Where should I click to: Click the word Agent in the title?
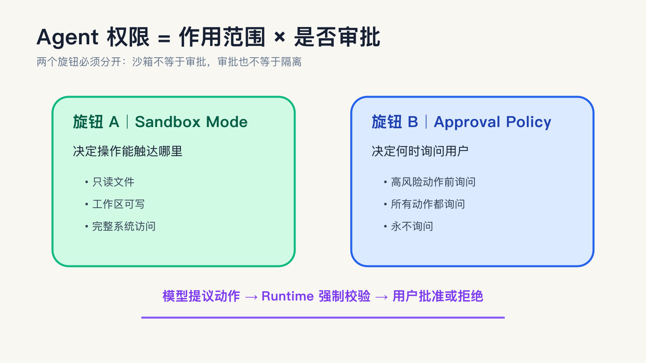click(67, 38)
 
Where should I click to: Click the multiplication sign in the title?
click(279, 37)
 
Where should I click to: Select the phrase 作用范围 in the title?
click(222, 37)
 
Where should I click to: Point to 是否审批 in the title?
click(337, 37)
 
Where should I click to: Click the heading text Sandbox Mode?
click(191, 122)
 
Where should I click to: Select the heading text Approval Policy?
click(493, 122)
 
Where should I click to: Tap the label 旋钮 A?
click(96, 122)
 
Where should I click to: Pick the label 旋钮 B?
click(395, 122)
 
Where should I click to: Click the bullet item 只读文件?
click(113, 182)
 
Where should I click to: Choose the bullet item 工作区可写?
click(118, 204)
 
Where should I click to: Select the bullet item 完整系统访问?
click(124, 226)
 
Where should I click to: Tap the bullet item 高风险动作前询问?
click(433, 182)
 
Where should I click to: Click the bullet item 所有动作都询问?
click(428, 204)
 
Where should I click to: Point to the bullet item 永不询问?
click(412, 226)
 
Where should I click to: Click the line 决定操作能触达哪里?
click(128, 151)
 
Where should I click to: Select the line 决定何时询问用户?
click(420, 151)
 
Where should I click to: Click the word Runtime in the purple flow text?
click(287, 296)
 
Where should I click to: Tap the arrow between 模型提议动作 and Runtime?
click(251, 297)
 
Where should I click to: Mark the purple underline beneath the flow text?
click(323, 317)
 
